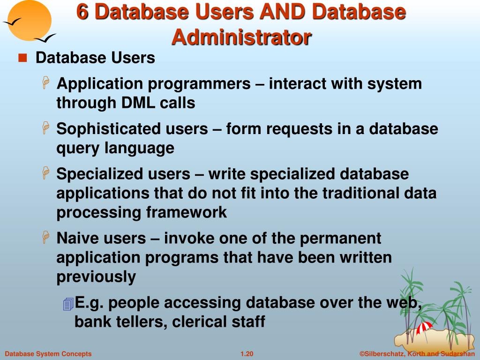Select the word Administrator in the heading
241,37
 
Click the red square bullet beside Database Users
22,59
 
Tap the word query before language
78,149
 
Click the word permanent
340,238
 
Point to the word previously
96,277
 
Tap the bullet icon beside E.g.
68,304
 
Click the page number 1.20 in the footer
247,354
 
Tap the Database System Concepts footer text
48,354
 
